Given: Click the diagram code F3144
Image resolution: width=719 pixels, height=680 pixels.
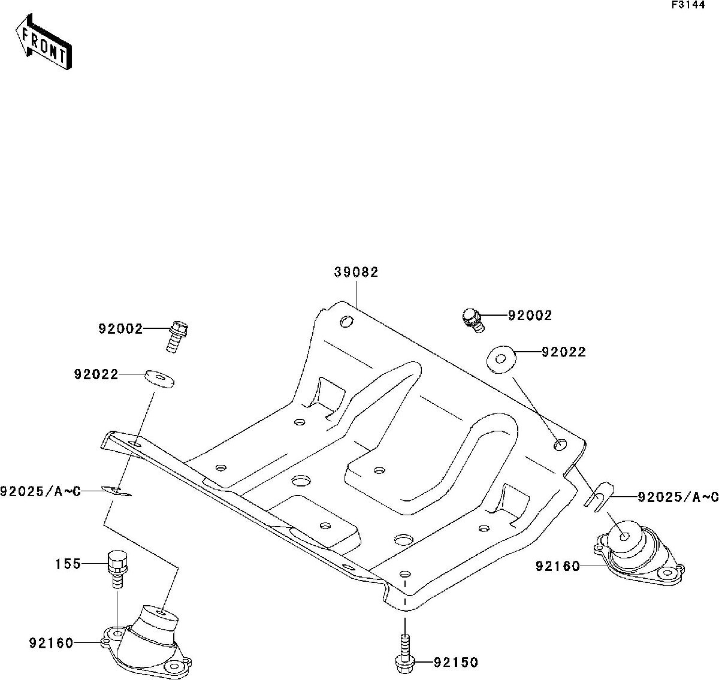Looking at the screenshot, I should (x=687, y=5).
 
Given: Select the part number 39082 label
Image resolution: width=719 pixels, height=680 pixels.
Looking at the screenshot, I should (x=356, y=272).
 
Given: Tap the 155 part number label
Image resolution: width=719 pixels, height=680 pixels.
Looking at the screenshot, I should (x=68, y=564).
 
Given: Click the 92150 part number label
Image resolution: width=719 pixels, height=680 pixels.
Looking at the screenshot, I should (x=458, y=662).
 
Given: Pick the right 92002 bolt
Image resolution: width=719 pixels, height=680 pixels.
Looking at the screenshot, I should (x=473, y=319).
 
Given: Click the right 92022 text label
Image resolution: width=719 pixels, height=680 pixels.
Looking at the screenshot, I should (x=563, y=352).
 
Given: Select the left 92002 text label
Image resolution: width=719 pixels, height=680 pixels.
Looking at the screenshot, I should (x=121, y=328).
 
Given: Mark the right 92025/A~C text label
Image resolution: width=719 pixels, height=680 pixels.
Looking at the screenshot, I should (x=678, y=497).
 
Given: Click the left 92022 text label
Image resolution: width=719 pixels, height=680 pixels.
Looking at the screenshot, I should (x=96, y=374).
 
